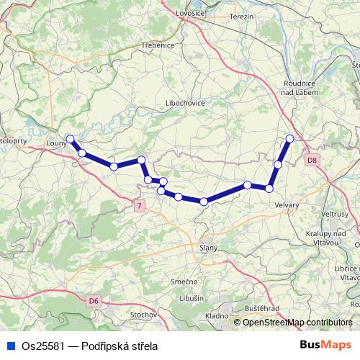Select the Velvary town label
pyautogui.click(x=287, y=204)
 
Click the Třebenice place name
pyautogui.click(x=158, y=45)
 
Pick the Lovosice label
pyautogui.click(x=192, y=14)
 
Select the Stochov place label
pyautogui.click(x=143, y=315)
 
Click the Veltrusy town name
pyautogui.click(x=336, y=215)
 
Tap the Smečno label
pyautogui.click(x=184, y=282)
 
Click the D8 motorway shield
pyautogui.click(x=311, y=160)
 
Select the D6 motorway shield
pyautogui.click(x=94, y=300)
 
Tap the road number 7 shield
pyautogui.click(x=138, y=207)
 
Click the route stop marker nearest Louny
pyautogui.click(x=70, y=138)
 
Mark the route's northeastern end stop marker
pyautogui.click(x=290, y=138)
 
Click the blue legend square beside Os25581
pyautogui.click(x=6, y=347)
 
